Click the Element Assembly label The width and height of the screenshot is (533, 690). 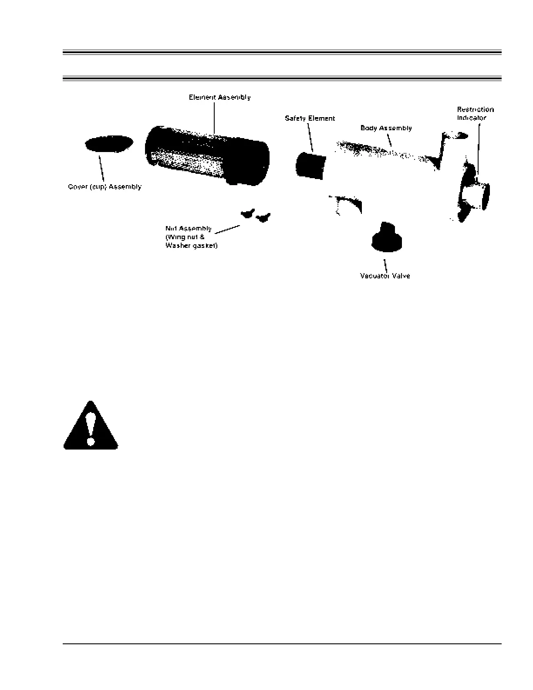[219, 97]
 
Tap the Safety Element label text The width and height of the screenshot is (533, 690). [310, 118]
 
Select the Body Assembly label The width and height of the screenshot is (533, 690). [386, 128]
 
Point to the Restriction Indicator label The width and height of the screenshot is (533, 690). [475, 113]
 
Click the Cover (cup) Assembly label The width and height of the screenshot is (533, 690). [105, 187]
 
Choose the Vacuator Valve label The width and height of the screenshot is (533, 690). [385, 276]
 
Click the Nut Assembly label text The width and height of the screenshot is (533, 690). [189, 229]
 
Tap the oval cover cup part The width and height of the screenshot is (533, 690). [109, 143]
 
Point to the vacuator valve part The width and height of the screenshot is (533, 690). [387, 238]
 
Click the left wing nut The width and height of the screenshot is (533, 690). [247, 213]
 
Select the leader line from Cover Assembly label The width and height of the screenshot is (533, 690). [102, 167]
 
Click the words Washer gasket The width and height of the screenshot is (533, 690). [192, 246]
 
